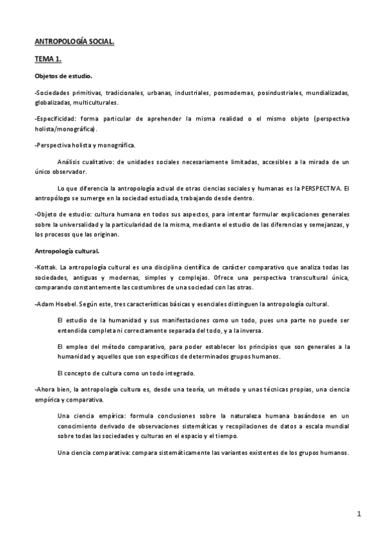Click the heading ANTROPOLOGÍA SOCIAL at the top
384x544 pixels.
click(x=74, y=42)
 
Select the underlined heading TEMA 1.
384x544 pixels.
click(x=48, y=59)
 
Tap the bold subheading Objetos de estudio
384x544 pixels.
click(x=63, y=76)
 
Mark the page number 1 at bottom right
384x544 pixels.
click(x=360, y=514)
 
